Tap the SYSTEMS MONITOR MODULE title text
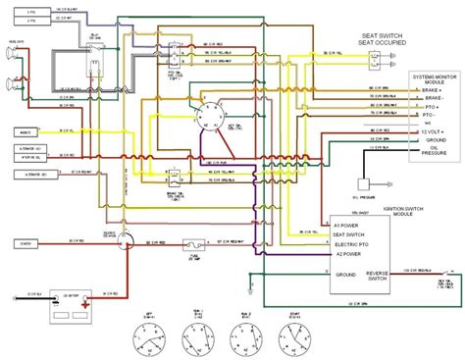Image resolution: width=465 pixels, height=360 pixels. coord(435,80)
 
